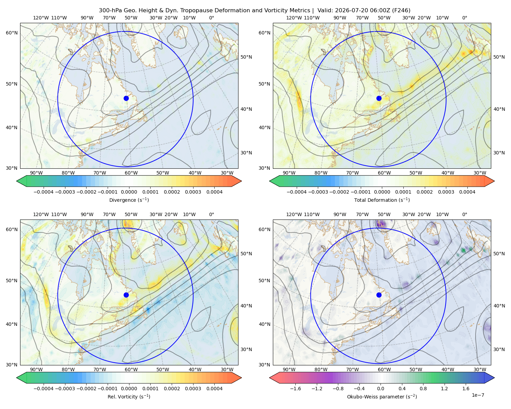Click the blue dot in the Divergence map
126,98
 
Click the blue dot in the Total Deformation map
379,98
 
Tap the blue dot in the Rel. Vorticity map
126,295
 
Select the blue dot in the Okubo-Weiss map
379,295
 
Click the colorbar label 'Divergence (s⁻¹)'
129,200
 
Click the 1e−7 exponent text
478,395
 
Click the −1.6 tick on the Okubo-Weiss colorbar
295,389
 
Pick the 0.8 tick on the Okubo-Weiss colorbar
423,389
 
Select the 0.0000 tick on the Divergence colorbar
129,192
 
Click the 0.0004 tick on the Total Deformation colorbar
467,192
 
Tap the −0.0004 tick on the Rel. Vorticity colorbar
44,389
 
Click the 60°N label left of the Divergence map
12,33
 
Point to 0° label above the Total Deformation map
464,18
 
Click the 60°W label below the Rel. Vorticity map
131,369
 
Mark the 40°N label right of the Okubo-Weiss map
499,306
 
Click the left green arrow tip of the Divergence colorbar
17,181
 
